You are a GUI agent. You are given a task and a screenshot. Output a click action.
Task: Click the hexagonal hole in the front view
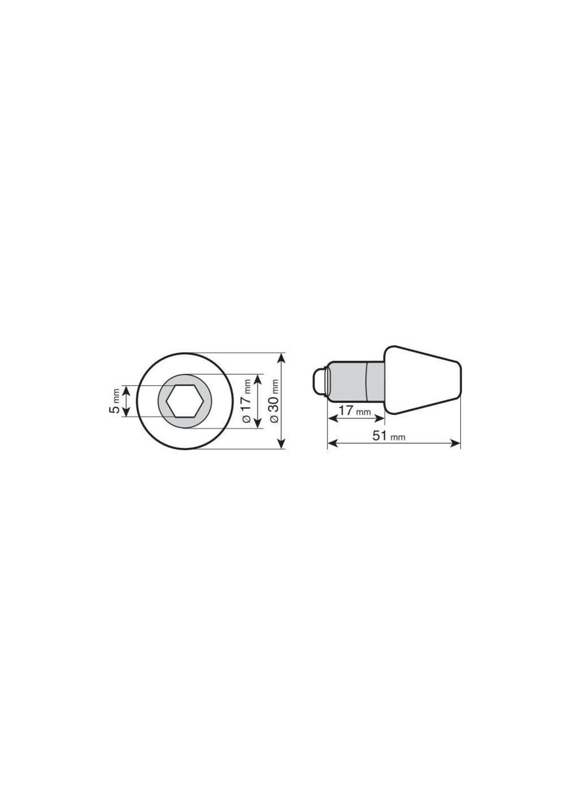click(x=185, y=401)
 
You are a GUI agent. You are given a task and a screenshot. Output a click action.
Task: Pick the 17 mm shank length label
click(x=354, y=411)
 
